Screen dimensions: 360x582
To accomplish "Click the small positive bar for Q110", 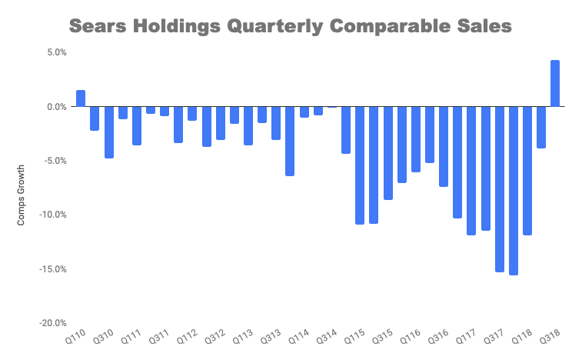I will [81, 98].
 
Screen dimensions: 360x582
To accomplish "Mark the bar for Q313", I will [276, 123].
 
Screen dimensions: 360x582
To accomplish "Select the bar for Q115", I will [359, 165].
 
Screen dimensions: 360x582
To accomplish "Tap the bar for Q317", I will [499, 189].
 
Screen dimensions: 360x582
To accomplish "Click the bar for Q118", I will [527, 171].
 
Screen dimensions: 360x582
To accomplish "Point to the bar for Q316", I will [443, 146].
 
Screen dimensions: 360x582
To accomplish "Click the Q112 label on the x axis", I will [188, 336].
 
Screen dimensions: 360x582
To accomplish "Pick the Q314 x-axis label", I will [327, 336].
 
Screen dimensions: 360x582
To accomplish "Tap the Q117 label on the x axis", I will [466, 336].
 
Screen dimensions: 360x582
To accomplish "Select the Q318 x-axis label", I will [549, 336].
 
